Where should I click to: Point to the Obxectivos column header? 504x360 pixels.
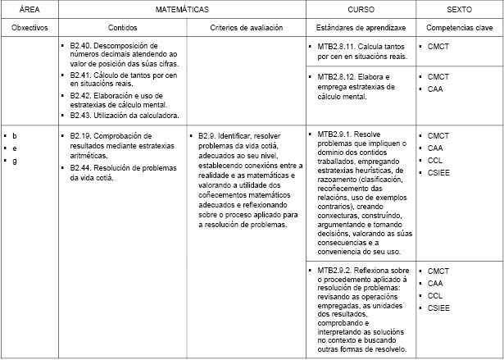point(30,27)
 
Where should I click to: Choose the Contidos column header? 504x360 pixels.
point(123,27)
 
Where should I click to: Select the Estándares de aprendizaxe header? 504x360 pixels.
point(360,27)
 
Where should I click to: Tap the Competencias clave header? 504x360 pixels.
point(458,27)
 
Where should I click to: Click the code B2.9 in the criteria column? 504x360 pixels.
point(207,135)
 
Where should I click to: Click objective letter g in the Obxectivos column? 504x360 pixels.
point(15,161)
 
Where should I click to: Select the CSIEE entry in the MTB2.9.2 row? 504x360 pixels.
point(439,308)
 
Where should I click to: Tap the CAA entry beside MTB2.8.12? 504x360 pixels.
point(435,89)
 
